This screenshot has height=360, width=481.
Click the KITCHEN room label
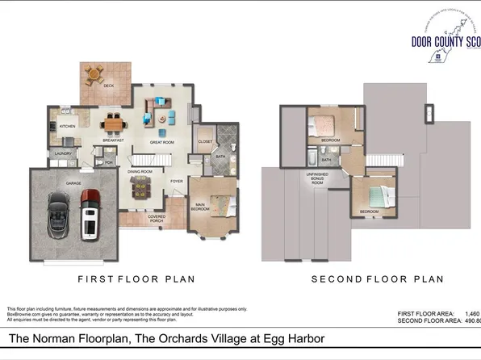(x=66, y=126)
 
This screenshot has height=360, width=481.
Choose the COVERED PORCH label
(x=157, y=217)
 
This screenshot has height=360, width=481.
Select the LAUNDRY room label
(x=64, y=153)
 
